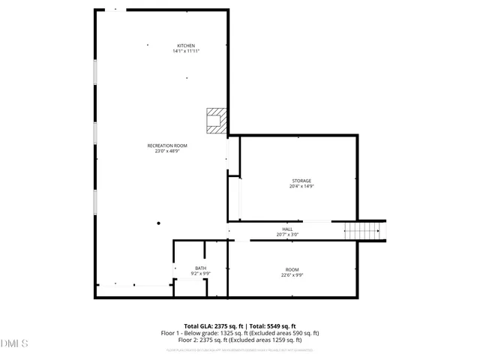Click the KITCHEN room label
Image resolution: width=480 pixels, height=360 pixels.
coord(186,46)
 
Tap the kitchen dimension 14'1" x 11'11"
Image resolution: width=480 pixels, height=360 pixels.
coord(186,52)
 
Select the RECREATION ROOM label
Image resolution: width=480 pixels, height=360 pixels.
coord(167,145)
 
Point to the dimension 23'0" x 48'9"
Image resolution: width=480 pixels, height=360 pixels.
coord(167,151)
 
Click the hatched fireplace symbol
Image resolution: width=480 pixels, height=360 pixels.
coord(215,121)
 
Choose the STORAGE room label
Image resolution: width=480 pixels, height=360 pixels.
coord(301,181)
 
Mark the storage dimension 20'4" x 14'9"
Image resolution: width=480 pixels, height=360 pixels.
coord(301,187)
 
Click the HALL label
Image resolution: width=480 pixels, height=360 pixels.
coord(287,229)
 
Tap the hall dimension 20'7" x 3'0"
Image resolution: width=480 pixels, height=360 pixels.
coord(287,235)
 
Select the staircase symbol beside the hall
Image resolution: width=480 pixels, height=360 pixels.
coord(364,231)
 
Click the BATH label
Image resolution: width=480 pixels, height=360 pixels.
coord(200,268)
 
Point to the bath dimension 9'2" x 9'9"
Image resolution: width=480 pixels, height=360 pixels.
coord(200,274)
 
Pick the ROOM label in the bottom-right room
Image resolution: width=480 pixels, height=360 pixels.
coord(292,269)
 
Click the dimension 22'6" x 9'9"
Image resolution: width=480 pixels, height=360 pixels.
coord(292,275)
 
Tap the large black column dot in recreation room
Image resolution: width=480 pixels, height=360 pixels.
coord(158,223)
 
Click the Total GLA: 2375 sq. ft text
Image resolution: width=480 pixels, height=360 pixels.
coord(210,326)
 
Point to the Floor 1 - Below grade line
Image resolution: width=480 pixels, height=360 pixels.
coord(240,333)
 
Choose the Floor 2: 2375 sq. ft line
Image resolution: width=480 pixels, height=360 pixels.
coord(240,340)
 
